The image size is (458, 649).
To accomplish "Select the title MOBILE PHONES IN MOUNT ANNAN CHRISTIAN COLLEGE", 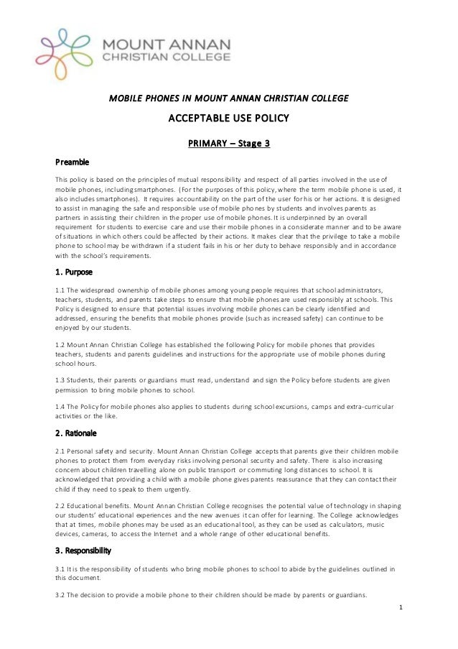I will [x=228, y=97].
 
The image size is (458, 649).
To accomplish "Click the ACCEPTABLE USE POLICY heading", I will [x=228, y=118].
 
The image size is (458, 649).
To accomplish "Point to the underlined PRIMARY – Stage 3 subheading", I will [x=228, y=143].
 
